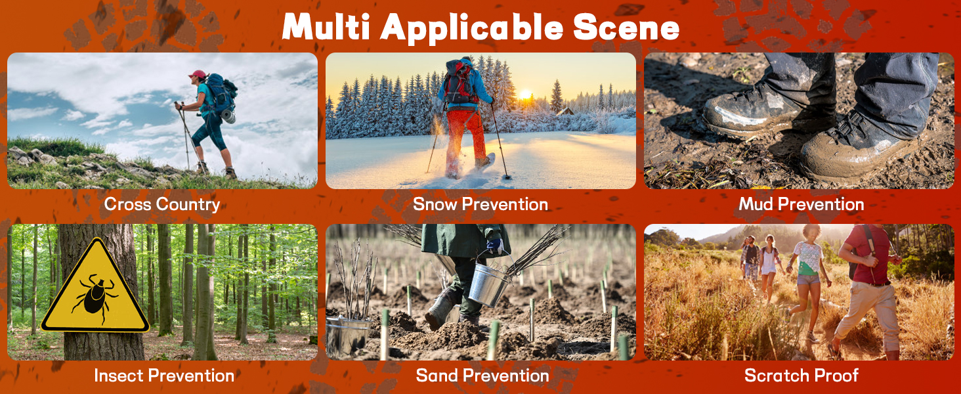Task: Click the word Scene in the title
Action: (x=626, y=28)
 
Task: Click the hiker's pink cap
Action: (x=198, y=74)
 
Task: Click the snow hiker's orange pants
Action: (x=465, y=138)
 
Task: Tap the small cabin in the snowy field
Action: (x=565, y=111)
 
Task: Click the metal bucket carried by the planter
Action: (x=489, y=282)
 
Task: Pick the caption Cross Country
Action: (x=161, y=204)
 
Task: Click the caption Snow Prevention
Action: (x=480, y=204)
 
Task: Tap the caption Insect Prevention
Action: (x=164, y=376)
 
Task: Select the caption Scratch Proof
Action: (x=801, y=376)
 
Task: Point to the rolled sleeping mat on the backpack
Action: (x=228, y=116)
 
